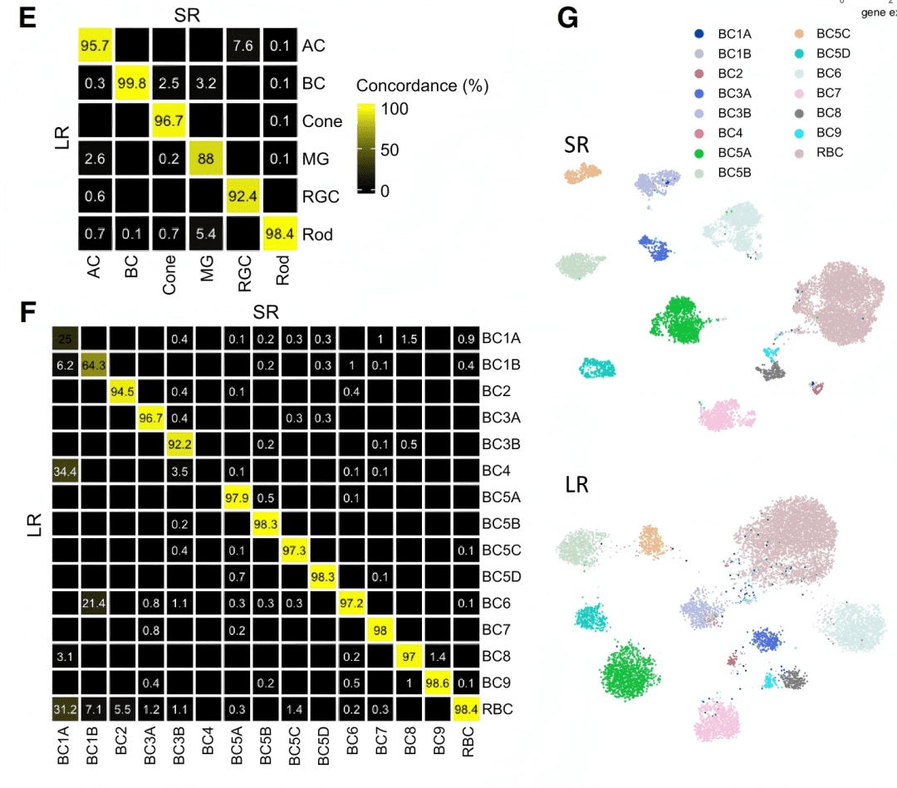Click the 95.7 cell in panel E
96,46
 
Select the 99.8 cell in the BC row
134,83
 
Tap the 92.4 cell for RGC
243,197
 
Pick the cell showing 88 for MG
207,159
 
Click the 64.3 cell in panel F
94,365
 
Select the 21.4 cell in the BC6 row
94,602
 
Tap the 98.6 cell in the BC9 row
437,683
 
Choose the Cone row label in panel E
322,121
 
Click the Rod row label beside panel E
317,235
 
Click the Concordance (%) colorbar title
422,86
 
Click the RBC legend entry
831,152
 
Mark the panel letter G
567,18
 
